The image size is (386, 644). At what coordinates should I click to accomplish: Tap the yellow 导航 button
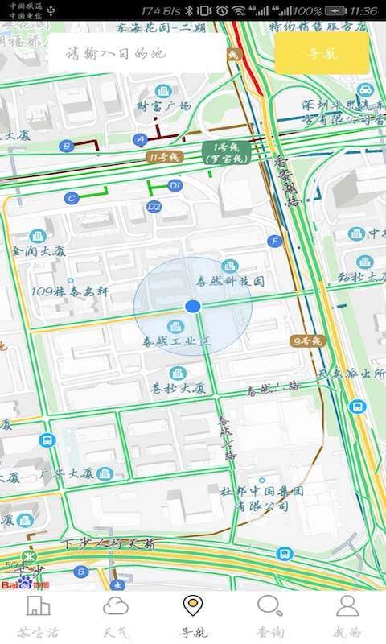pyautogui.click(x=322, y=54)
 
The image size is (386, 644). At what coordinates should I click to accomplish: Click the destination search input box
pyautogui.click(x=137, y=54)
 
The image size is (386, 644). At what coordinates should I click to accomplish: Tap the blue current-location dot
pyautogui.click(x=192, y=306)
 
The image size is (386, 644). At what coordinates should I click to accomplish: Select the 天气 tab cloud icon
pyautogui.click(x=116, y=606)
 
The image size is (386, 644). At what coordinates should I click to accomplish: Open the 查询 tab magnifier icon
pyautogui.click(x=269, y=606)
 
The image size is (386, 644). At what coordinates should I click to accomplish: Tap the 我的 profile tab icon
pyautogui.click(x=347, y=606)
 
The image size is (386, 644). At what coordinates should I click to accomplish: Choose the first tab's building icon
pyautogui.click(x=39, y=606)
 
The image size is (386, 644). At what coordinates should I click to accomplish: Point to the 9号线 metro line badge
pyautogui.click(x=306, y=341)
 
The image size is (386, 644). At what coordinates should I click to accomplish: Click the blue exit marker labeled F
pyautogui.click(x=275, y=241)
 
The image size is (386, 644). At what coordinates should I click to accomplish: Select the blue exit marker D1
pyautogui.click(x=175, y=185)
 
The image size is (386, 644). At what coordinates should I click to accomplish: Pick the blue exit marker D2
pyautogui.click(x=154, y=207)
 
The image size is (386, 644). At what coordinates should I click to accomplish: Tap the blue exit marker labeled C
pyautogui.click(x=72, y=197)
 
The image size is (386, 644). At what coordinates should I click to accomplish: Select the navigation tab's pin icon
pyautogui.click(x=192, y=605)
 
